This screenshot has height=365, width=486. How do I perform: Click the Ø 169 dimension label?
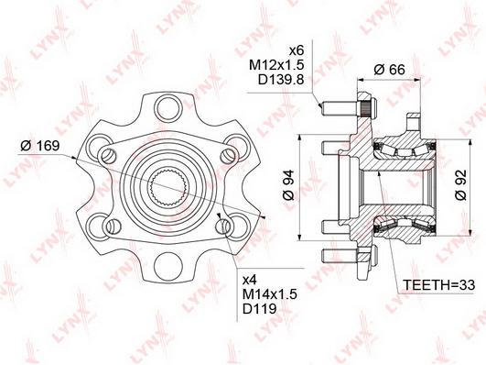coord(39,146)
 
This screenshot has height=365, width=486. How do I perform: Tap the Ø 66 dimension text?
coord(389,70)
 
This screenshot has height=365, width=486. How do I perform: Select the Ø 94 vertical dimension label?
coord(288,185)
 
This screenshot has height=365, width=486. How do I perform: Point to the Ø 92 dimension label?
coord(460,185)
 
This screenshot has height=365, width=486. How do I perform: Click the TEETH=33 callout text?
coord(438,284)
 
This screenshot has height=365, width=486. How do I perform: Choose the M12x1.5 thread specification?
coord(276,65)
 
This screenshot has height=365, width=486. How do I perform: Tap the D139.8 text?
coord(281,80)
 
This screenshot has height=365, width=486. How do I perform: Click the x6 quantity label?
coord(296,50)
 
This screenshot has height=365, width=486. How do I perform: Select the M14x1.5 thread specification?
coord(270,293)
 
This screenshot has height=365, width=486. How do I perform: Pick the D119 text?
coord(259,308)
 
